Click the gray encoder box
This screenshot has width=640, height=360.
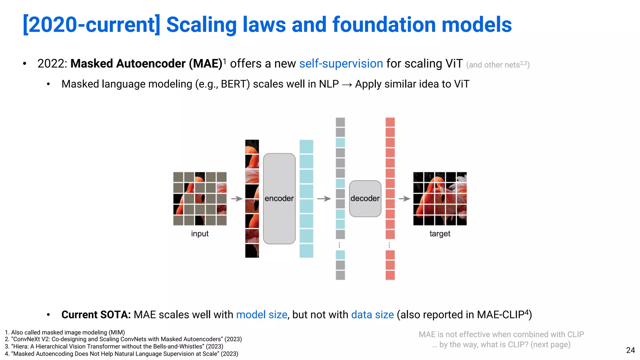click(x=279, y=198)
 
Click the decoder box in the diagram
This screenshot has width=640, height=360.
click(x=365, y=198)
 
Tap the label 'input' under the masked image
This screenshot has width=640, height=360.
click(x=200, y=233)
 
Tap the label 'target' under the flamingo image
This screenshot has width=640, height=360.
click(x=440, y=233)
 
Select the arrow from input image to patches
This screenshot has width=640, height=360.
click(x=237, y=198)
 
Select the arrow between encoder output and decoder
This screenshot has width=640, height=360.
click(x=324, y=198)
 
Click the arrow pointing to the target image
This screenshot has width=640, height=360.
click(x=404, y=198)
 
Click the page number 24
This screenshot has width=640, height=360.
click(x=630, y=350)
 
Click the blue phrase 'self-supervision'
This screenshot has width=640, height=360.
click(x=341, y=63)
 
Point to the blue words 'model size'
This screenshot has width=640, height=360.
click(x=262, y=314)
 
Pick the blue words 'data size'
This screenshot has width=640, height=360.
click(x=372, y=314)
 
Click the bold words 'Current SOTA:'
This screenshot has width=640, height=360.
click(x=96, y=314)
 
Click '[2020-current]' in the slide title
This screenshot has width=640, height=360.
click(x=92, y=25)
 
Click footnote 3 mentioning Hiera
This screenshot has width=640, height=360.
click(x=114, y=346)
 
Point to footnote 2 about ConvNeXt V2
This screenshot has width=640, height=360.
click(x=123, y=339)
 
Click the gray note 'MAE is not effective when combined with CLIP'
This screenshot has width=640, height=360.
click(x=501, y=334)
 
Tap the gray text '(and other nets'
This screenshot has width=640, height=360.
click(x=493, y=65)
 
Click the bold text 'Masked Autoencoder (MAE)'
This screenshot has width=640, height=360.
click(x=146, y=63)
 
